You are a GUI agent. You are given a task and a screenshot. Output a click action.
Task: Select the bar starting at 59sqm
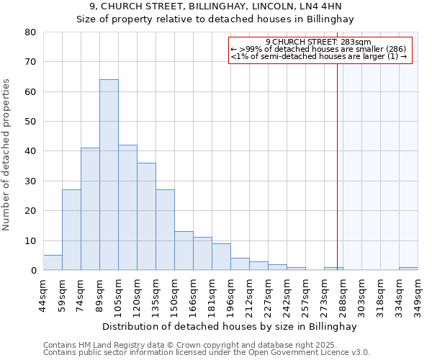[71, 230]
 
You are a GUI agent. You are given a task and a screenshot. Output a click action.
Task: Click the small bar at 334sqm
[408, 269]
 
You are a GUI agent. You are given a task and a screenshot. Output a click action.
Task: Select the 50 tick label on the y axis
[30, 122]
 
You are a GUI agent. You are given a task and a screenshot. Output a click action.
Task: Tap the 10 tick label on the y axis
[30, 240]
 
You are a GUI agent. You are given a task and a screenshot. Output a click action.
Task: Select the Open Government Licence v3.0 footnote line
[207, 352]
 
